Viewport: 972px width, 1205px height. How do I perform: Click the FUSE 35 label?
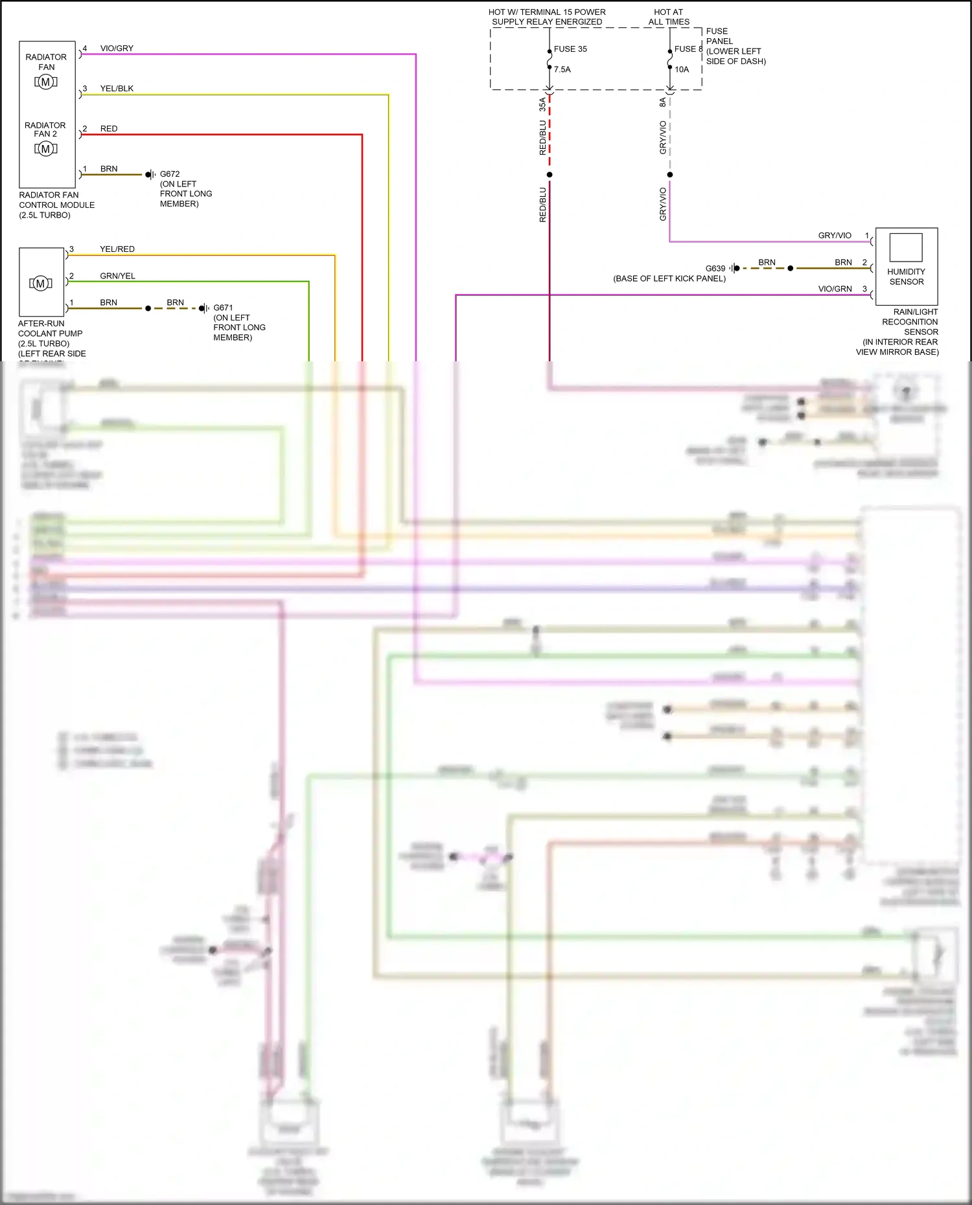(x=570, y=49)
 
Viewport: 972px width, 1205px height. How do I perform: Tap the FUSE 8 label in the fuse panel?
(x=688, y=49)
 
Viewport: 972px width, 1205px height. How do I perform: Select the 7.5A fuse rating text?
(x=562, y=69)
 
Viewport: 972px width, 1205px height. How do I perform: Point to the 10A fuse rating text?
(x=682, y=69)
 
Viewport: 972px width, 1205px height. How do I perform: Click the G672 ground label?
(x=170, y=174)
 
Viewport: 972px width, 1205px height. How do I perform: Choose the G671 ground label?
(x=223, y=308)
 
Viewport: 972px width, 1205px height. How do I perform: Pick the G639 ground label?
(x=715, y=268)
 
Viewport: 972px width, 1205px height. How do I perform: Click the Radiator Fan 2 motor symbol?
(x=45, y=149)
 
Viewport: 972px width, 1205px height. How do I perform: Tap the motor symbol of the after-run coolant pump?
(x=40, y=284)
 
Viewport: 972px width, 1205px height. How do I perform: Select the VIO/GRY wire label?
(x=117, y=49)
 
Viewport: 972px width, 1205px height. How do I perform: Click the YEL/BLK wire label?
(x=117, y=89)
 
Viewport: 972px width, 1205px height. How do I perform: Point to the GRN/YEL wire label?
(x=117, y=276)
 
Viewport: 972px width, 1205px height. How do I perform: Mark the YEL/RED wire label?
(x=117, y=249)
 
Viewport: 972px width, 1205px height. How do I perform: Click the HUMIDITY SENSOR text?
(x=906, y=276)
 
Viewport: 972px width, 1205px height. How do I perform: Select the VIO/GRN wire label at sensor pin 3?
(x=835, y=289)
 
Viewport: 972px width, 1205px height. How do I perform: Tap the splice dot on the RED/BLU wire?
(x=550, y=175)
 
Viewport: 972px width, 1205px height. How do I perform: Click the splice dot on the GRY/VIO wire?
(x=669, y=175)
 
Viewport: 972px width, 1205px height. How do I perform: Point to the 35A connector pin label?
(x=542, y=104)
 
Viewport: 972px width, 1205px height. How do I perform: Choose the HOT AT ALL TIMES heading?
(x=669, y=17)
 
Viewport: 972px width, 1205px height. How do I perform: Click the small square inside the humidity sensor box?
(x=905, y=247)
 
